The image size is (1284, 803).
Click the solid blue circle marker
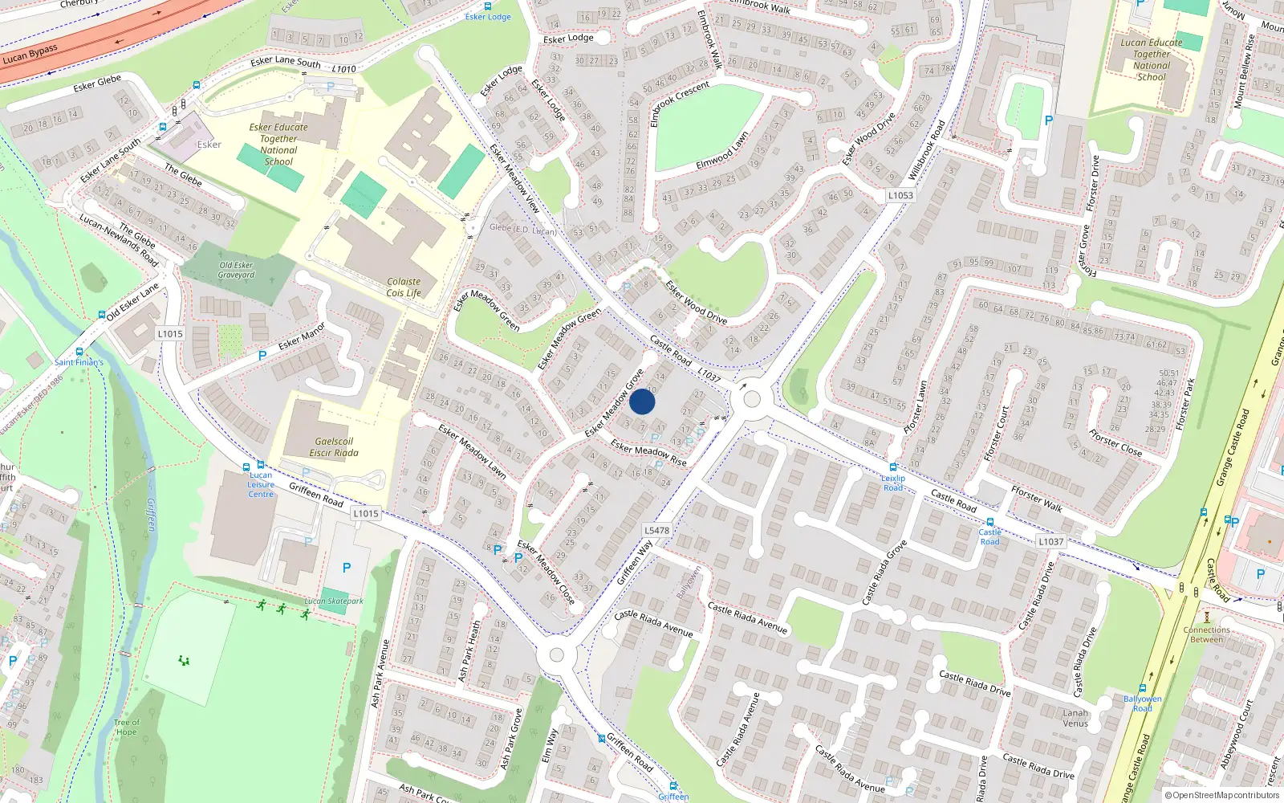pos(642,401)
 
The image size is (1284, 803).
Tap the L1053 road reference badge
pos(900,195)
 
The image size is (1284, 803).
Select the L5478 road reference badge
pos(656,530)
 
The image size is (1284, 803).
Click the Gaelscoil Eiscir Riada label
pos(334,447)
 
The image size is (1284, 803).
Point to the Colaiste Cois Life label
pos(404,287)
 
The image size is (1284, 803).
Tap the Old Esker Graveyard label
pos(236,270)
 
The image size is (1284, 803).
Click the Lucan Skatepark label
pos(334,601)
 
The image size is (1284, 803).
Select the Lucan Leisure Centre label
pos(260,484)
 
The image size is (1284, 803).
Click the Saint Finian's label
pos(79,362)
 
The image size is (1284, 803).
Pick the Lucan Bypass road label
pos(30,54)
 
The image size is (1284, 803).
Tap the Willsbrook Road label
pos(927,150)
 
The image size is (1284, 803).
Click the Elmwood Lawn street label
pos(722,150)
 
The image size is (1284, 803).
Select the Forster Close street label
pos(1115,443)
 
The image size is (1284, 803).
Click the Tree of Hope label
pos(126,727)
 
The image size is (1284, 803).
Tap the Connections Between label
pos(1206,634)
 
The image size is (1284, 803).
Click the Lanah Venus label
pos(1075,718)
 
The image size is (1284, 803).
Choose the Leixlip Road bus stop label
pos(893,483)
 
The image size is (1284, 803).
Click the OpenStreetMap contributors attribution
pos(1225,795)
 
